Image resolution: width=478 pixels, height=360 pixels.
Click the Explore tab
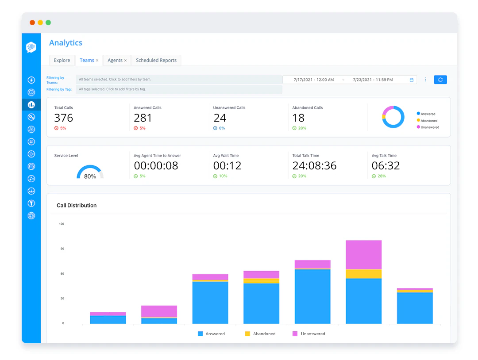coord(62,61)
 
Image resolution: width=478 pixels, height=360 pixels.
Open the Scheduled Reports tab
coord(156,61)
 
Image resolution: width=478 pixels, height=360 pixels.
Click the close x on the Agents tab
coord(125,61)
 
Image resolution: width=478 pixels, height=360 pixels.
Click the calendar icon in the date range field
coord(412,80)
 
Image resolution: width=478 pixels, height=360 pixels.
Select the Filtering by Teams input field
coord(179,80)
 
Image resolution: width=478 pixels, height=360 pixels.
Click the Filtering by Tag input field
coord(179,89)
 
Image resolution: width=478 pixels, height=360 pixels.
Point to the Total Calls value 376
coord(63,118)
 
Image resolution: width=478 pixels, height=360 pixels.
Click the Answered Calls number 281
coord(143,118)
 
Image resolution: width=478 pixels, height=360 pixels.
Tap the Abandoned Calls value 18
coord(298,118)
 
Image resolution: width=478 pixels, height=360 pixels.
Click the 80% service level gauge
coord(90,173)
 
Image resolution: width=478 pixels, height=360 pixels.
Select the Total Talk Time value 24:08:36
coord(314,166)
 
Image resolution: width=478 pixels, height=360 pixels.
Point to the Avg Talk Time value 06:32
coord(385,166)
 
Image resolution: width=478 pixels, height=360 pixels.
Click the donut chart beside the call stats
coord(393,117)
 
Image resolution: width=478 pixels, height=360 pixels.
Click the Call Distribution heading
coord(77,206)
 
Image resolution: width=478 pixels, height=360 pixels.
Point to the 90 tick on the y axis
coord(62,249)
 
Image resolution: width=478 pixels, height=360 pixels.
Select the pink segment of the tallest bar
coord(363,255)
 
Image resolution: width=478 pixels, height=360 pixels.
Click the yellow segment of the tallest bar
coord(363,274)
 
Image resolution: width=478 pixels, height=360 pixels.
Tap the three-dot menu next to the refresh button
coord(425,80)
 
